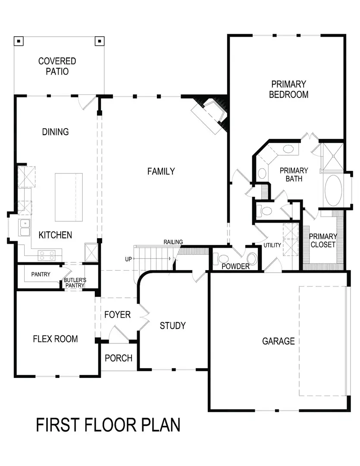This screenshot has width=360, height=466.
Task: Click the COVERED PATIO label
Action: coord(57,66)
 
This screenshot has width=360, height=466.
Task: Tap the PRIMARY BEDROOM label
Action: coord(288,89)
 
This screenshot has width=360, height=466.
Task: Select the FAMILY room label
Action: coord(161,171)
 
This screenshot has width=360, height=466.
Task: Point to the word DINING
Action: coord(56,132)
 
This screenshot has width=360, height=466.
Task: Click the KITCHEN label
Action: coord(55,235)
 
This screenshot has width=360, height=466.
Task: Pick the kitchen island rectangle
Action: coord(68,197)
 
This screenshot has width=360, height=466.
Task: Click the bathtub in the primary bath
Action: coord(333,190)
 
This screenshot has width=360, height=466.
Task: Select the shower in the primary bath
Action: coord(333,157)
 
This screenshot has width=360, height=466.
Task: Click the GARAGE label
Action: coord(279,341)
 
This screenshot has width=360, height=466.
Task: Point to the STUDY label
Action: coord(172,325)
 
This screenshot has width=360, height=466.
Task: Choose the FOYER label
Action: coord(117,315)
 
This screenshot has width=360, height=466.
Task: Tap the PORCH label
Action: coord(119,358)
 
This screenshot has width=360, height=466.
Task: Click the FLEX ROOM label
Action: coord(55,339)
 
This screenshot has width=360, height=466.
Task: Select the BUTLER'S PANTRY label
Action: coord(75,283)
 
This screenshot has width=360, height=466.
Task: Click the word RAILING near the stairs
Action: coord(173,242)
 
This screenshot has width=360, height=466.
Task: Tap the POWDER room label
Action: coord(235,267)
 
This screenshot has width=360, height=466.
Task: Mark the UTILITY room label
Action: coord(272,246)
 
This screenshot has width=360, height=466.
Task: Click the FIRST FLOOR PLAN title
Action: coord(108,425)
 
